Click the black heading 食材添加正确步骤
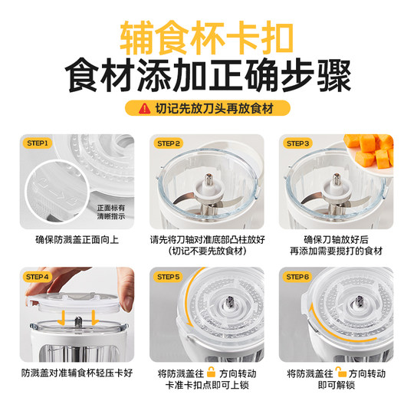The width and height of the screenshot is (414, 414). click(207, 77)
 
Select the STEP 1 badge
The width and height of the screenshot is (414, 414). click(38, 143)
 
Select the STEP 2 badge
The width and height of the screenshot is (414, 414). click(168, 143)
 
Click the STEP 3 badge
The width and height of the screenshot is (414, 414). click(297, 143)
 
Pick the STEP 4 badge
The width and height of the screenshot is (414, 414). click(38, 276)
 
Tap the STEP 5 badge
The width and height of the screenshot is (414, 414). click(168, 276)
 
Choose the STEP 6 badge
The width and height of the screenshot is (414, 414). click(297, 276)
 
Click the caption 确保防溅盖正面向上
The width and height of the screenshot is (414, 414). click(77, 239)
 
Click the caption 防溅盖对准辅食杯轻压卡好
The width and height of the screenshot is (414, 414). click(77, 373)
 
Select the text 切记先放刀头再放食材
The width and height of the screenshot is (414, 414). click(214, 109)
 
